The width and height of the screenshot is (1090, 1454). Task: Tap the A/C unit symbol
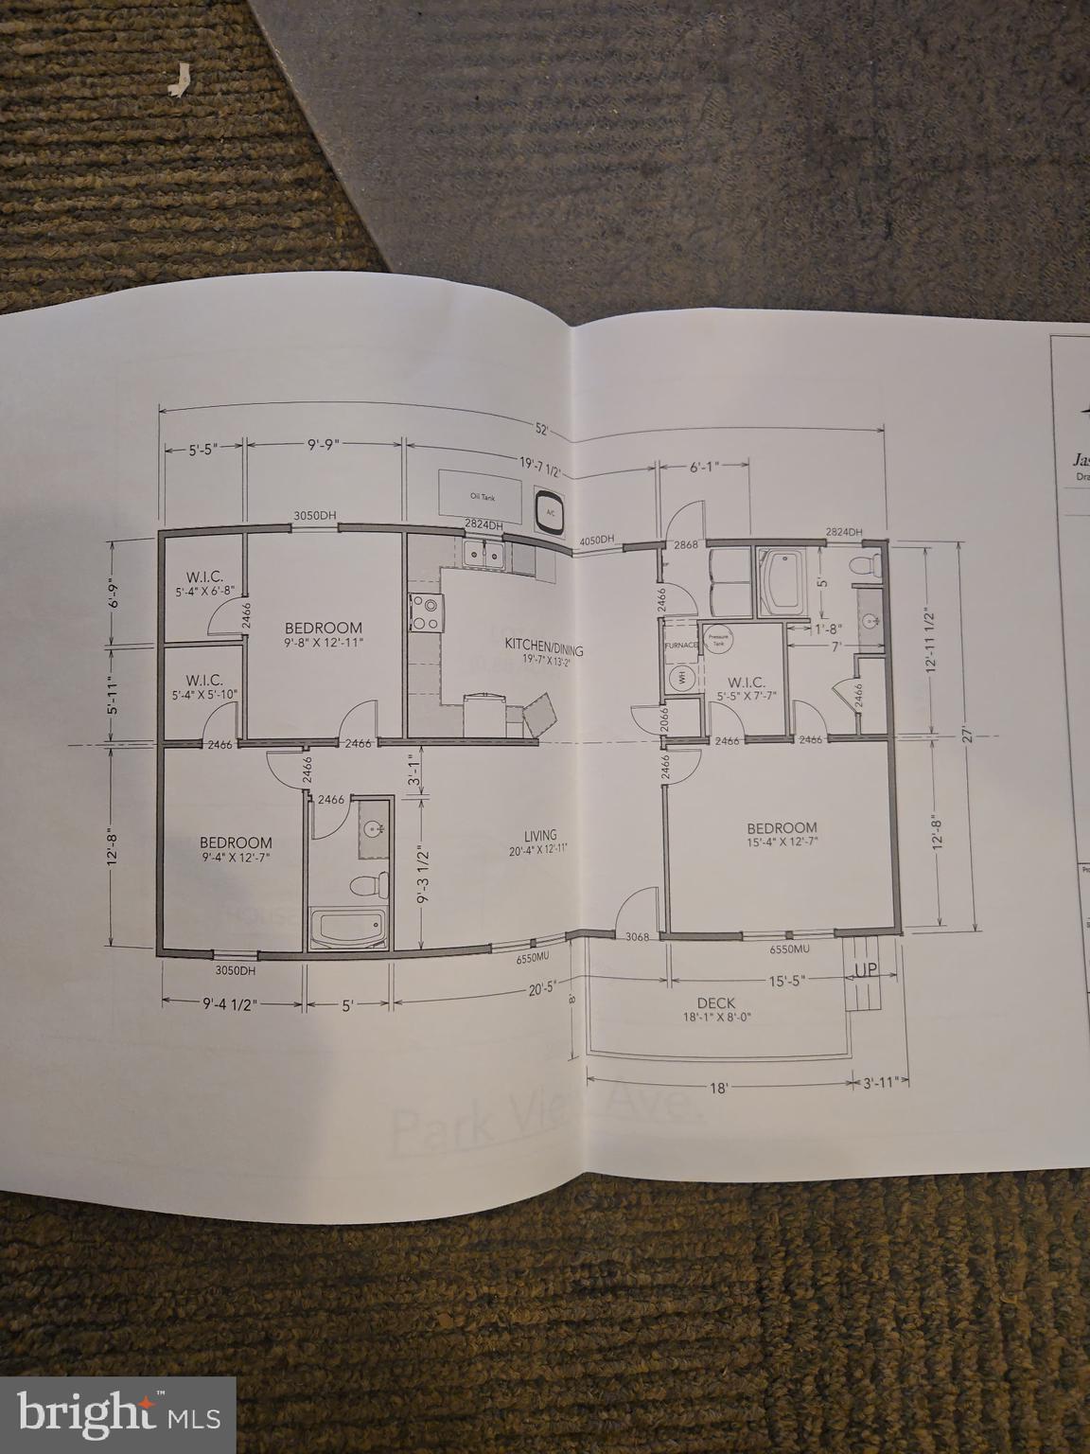tap(548, 508)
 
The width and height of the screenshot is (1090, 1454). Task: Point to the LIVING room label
tap(540, 835)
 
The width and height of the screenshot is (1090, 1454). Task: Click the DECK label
tap(715, 1003)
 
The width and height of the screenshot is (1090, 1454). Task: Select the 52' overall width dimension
tap(542, 429)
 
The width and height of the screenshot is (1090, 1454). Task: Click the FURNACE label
tap(680, 646)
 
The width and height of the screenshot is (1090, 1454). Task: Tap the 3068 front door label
tap(610, 937)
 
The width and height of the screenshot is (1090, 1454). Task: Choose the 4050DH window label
tap(597, 541)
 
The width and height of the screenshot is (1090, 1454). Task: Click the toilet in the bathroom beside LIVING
tap(368, 886)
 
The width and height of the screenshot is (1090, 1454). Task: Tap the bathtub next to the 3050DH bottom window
tap(347, 928)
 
